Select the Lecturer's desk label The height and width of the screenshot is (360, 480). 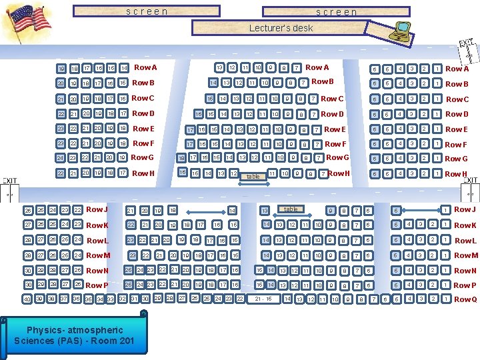coord(281,28)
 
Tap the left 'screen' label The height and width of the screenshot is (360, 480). coord(147,11)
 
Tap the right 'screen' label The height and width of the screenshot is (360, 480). coord(336,12)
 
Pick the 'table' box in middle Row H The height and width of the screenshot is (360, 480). coord(253,177)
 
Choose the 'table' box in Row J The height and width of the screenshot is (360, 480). coord(291,209)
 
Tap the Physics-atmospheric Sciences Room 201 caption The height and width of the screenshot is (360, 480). coord(75,335)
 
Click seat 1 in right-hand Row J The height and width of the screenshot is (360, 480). coord(445,210)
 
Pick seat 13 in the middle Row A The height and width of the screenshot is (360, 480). coord(218,68)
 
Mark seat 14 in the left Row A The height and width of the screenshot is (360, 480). coord(124,68)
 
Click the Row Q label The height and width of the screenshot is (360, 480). coord(465,299)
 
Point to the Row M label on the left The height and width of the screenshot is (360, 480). coord(98,255)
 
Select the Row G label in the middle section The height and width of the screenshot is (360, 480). coord(337,158)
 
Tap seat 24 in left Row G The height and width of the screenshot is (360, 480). coord(61,158)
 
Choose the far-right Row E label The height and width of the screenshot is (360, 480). coord(457,129)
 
